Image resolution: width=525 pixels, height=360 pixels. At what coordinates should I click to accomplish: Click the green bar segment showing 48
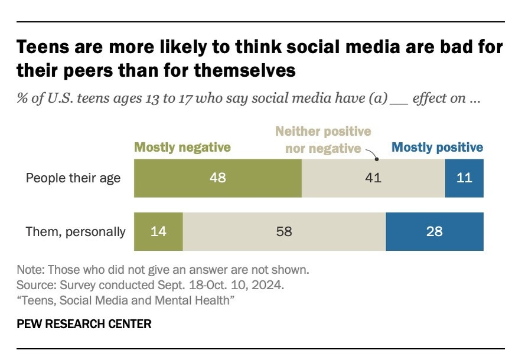pyautogui.click(x=218, y=178)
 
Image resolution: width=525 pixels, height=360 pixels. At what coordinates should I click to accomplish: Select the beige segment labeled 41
pyautogui.click(x=373, y=178)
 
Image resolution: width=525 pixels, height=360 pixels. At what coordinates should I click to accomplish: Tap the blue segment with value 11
pyautogui.click(x=464, y=178)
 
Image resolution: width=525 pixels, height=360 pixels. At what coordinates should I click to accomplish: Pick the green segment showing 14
pyautogui.click(x=158, y=231)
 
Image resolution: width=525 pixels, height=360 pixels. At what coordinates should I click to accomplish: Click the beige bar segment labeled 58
pyautogui.click(x=284, y=231)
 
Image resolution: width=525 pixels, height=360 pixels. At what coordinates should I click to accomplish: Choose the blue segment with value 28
pyautogui.click(x=434, y=231)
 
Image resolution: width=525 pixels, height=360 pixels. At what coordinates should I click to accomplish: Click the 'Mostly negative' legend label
pyautogui.click(x=182, y=148)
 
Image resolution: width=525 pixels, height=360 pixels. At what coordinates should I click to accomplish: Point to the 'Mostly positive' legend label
pyautogui.click(x=438, y=148)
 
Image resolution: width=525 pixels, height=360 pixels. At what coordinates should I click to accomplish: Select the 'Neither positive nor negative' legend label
pyautogui.click(x=324, y=140)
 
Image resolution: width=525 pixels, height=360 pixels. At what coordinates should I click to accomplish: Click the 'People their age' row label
pyautogui.click(x=73, y=178)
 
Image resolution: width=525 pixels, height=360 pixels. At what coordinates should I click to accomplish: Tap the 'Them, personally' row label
pyautogui.click(x=76, y=231)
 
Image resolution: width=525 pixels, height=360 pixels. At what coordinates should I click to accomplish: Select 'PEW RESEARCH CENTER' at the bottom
pyautogui.click(x=84, y=324)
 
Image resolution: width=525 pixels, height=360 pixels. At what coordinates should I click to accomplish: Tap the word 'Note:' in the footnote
pyautogui.click(x=30, y=270)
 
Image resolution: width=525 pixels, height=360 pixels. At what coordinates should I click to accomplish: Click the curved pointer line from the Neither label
pyautogui.click(x=371, y=154)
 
